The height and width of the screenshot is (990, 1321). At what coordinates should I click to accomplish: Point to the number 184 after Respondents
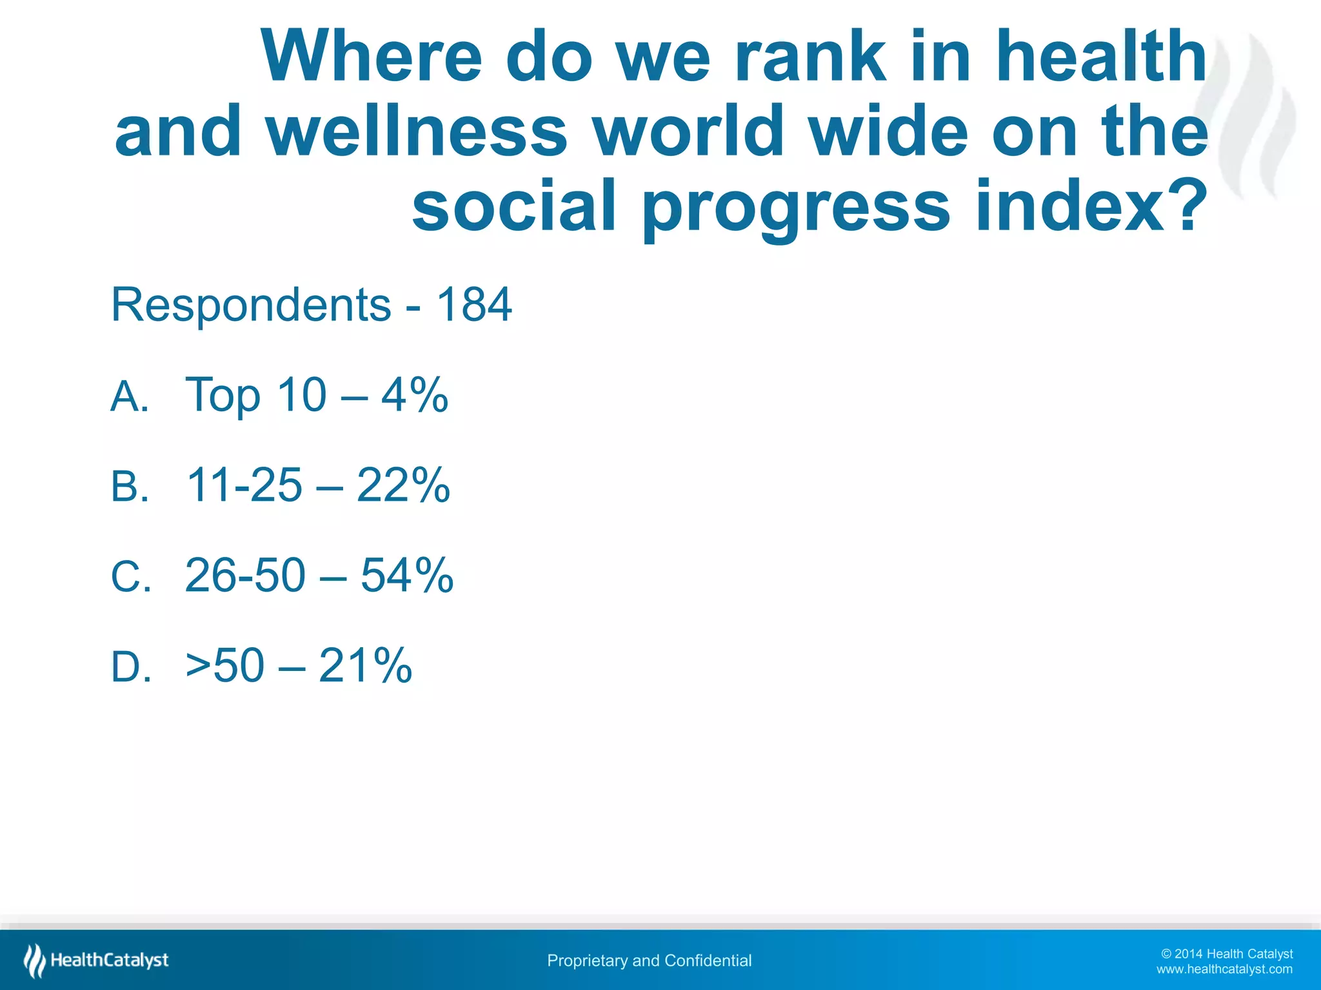point(474,304)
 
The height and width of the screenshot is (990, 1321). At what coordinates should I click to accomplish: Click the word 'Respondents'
point(251,306)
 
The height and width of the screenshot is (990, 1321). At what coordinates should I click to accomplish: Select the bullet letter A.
point(129,396)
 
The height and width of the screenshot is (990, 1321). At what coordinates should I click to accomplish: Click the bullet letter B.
point(129,486)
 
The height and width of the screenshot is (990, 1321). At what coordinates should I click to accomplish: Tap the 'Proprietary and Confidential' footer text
point(649,960)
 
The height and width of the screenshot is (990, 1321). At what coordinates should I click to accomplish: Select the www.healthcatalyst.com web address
point(1224,969)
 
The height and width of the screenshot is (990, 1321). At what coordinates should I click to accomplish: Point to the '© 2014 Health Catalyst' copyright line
point(1226,953)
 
